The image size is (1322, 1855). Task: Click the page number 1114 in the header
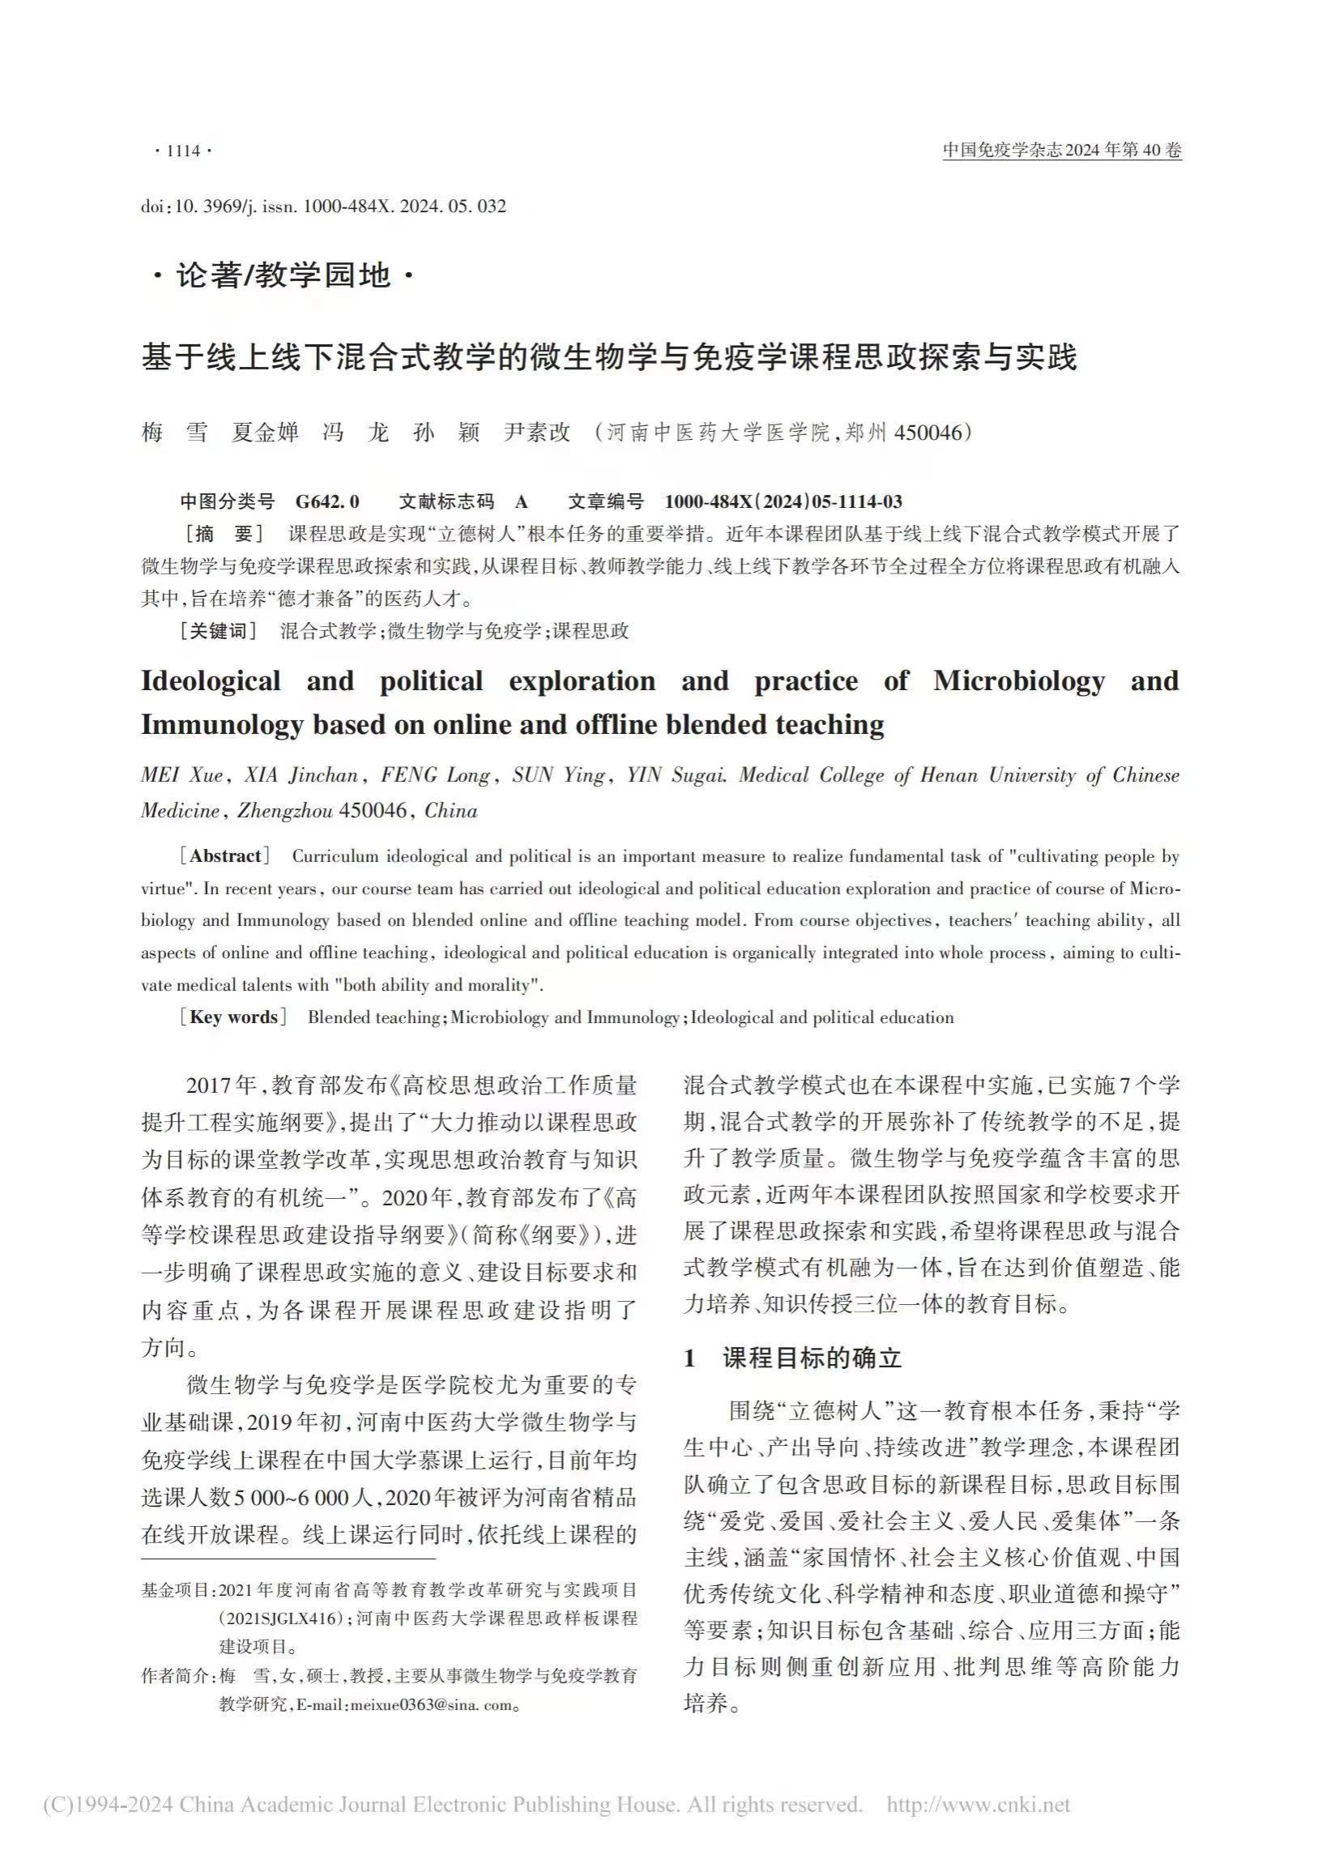[x=182, y=151]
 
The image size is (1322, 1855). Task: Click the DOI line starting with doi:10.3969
[x=323, y=207]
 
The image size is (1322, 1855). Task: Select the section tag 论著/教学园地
[x=284, y=277]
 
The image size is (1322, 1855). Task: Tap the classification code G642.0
[x=327, y=501]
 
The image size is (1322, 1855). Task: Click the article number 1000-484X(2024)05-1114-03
[x=783, y=501]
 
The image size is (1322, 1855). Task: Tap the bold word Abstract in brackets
[x=225, y=855]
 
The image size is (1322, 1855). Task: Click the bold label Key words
[x=233, y=1017]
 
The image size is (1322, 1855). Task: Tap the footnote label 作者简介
[x=176, y=1676]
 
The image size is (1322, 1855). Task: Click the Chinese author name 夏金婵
[x=266, y=433]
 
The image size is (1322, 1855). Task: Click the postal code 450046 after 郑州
[x=928, y=433]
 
